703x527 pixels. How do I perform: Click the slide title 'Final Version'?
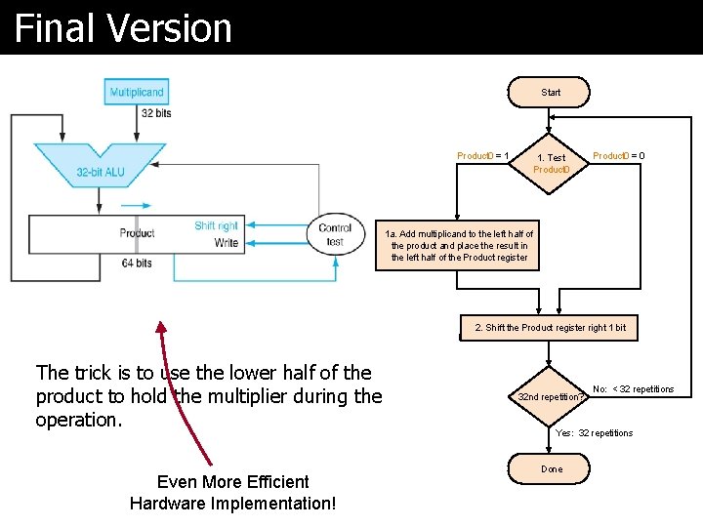tap(123, 28)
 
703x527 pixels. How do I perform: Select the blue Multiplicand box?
tap(137, 92)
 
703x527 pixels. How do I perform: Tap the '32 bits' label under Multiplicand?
tap(156, 113)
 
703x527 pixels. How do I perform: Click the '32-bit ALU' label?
tap(101, 172)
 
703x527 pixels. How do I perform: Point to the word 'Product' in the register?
tap(137, 233)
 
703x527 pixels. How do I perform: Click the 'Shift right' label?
tap(216, 225)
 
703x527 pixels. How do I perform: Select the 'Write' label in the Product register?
tap(226, 243)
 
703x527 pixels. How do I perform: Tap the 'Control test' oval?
tap(335, 234)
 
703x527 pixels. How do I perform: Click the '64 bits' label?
tap(136, 263)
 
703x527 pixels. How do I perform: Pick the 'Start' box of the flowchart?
tap(551, 93)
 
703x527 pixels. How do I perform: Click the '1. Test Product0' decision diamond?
tap(551, 163)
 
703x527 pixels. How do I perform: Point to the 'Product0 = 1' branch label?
tap(482, 156)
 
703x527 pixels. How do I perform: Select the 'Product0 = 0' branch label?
tap(618, 156)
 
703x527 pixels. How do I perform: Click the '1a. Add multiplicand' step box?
tap(459, 246)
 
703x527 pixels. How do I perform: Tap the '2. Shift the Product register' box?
tap(550, 328)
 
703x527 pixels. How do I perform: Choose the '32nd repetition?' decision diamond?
tap(551, 397)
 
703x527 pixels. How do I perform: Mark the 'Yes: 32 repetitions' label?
tap(594, 433)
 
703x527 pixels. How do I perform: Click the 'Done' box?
tap(552, 468)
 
